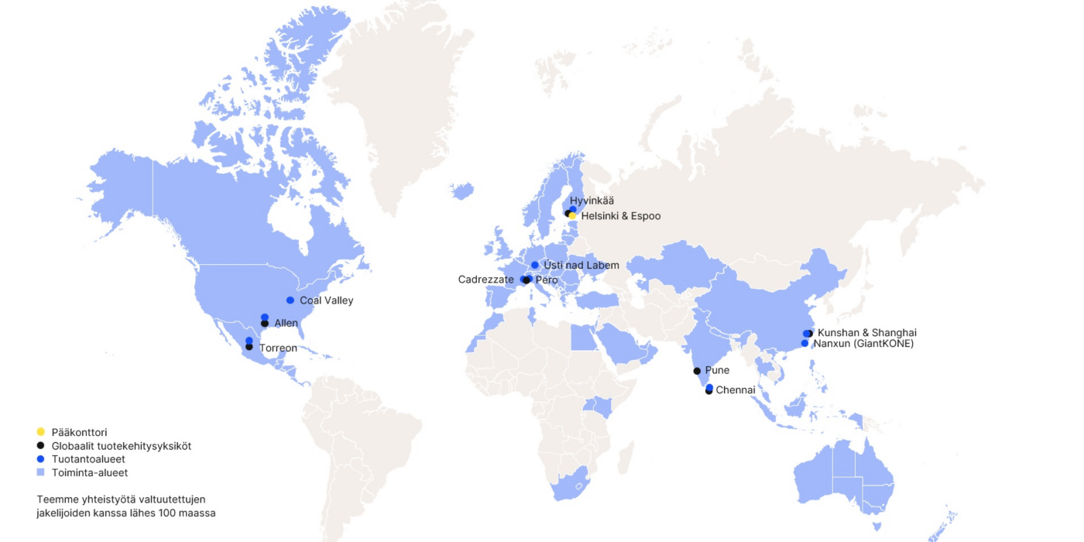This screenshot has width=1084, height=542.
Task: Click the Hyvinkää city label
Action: point(592,201)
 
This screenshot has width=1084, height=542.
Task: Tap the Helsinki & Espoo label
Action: point(620,216)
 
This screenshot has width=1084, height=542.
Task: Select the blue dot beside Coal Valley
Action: point(290,300)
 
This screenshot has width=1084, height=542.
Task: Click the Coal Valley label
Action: point(326,300)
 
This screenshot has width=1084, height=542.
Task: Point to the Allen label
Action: point(286,323)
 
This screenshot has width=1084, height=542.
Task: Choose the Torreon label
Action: point(277,348)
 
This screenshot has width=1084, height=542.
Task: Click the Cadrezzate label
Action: point(485,280)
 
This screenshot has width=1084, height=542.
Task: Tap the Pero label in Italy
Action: point(546,280)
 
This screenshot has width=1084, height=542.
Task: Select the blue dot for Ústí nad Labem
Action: point(535,266)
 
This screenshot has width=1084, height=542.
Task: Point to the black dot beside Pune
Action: point(697,371)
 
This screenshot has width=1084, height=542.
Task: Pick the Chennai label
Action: point(735,390)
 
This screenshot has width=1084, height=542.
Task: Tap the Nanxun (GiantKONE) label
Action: point(863,344)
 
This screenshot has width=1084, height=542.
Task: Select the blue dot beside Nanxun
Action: point(804,343)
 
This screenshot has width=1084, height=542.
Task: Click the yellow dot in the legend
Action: point(41,431)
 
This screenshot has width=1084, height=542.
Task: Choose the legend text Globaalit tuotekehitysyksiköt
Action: point(121,446)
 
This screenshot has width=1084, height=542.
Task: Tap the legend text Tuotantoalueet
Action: point(88,459)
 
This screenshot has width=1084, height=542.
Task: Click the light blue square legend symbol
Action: point(41,472)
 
